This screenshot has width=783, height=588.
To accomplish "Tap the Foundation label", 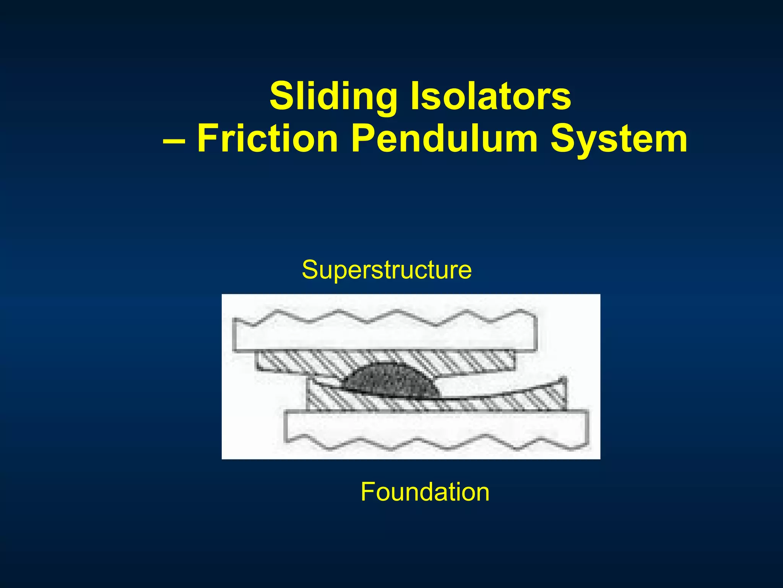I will click(425, 492).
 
